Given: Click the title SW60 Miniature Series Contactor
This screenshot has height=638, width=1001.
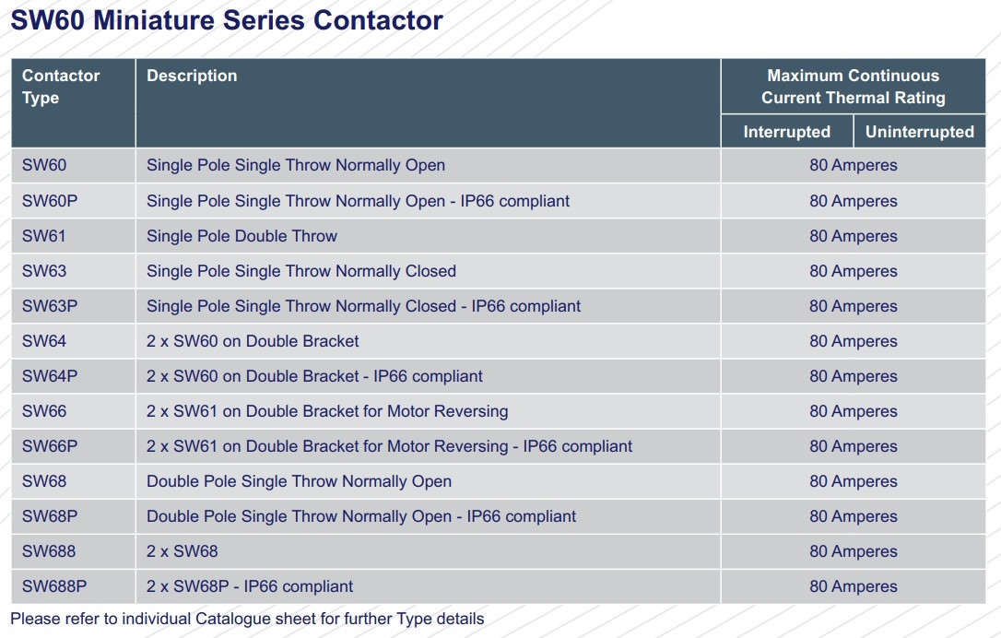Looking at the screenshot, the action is click(x=227, y=20).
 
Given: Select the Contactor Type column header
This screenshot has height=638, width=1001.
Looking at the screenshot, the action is click(x=61, y=87).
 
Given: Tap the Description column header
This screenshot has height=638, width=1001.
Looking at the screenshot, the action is click(x=192, y=76).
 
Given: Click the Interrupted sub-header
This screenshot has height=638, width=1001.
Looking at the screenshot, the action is click(x=786, y=132).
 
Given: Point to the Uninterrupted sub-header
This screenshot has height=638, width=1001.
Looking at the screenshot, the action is click(x=919, y=132).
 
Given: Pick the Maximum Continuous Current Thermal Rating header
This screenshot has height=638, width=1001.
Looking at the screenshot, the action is click(x=853, y=87).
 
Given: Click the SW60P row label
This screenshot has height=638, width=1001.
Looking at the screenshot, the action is click(x=50, y=201).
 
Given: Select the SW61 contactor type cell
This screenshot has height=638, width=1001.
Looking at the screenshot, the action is click(x=44, y=236).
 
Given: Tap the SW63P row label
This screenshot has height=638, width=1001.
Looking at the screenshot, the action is click(x=50, y=306).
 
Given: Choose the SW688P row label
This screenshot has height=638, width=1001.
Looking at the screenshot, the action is click(x=54, y=586).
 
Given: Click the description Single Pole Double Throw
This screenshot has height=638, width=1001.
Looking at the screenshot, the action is click(x=241, y=236).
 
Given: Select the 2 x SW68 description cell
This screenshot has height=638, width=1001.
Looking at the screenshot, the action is click(x=182, y=551).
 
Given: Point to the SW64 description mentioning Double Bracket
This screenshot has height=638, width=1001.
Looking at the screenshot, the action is click(x=253, y=341).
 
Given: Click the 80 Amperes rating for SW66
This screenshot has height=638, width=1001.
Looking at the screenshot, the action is click(x=853, y=411).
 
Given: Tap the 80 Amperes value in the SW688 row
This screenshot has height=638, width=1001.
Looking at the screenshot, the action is click(x=853, y=551).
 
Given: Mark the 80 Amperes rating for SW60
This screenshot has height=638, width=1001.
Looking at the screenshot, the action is click(x=853, y=165).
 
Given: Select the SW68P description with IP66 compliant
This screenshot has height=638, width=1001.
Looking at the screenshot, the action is click(x=361, y=516).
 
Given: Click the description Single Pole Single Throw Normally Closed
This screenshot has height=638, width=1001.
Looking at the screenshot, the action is click(x=301, y=271).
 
